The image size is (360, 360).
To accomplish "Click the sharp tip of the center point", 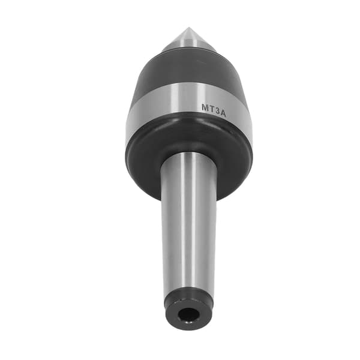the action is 188,28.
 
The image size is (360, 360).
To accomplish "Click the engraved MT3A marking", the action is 214,110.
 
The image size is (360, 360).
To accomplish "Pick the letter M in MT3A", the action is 205,107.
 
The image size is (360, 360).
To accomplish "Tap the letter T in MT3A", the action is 212,109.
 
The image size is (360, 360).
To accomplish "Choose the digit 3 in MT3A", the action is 217,111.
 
